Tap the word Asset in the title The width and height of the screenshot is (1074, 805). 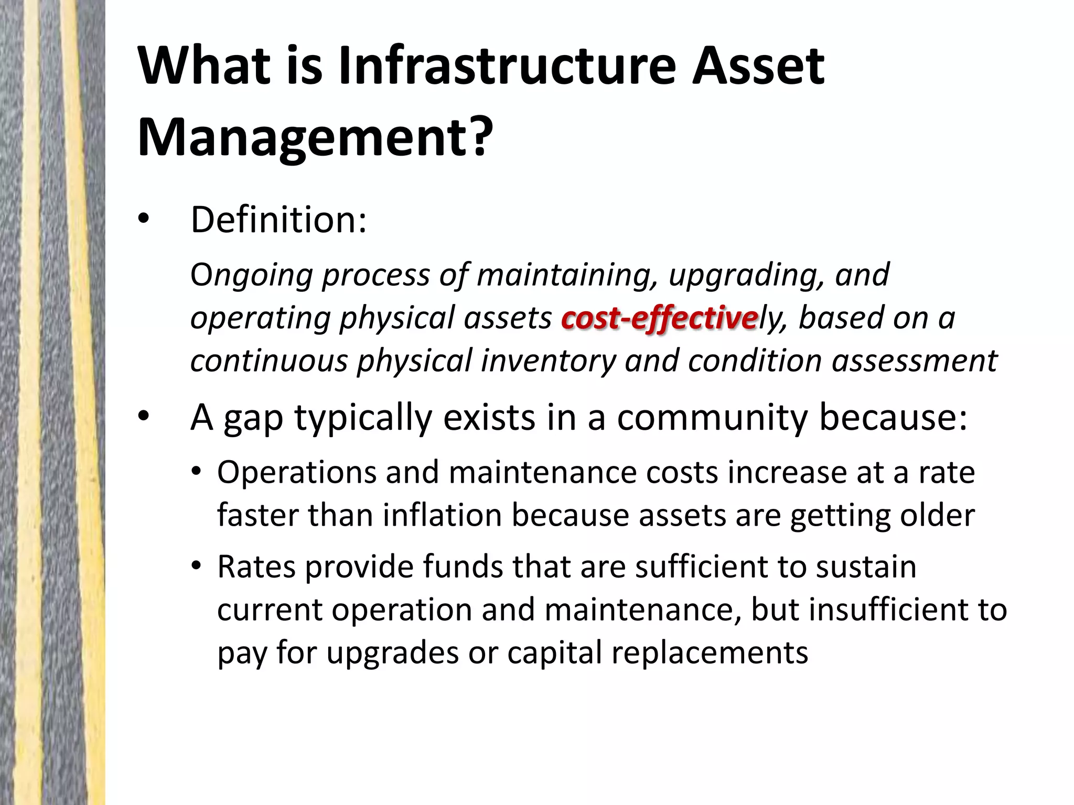click(x=758, y=67)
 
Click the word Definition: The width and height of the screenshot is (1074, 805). click(x=278, y=220)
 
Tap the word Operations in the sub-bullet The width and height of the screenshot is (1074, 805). click(x=296, y=473)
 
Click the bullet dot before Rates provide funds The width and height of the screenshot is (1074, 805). click(x=196, y=568)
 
